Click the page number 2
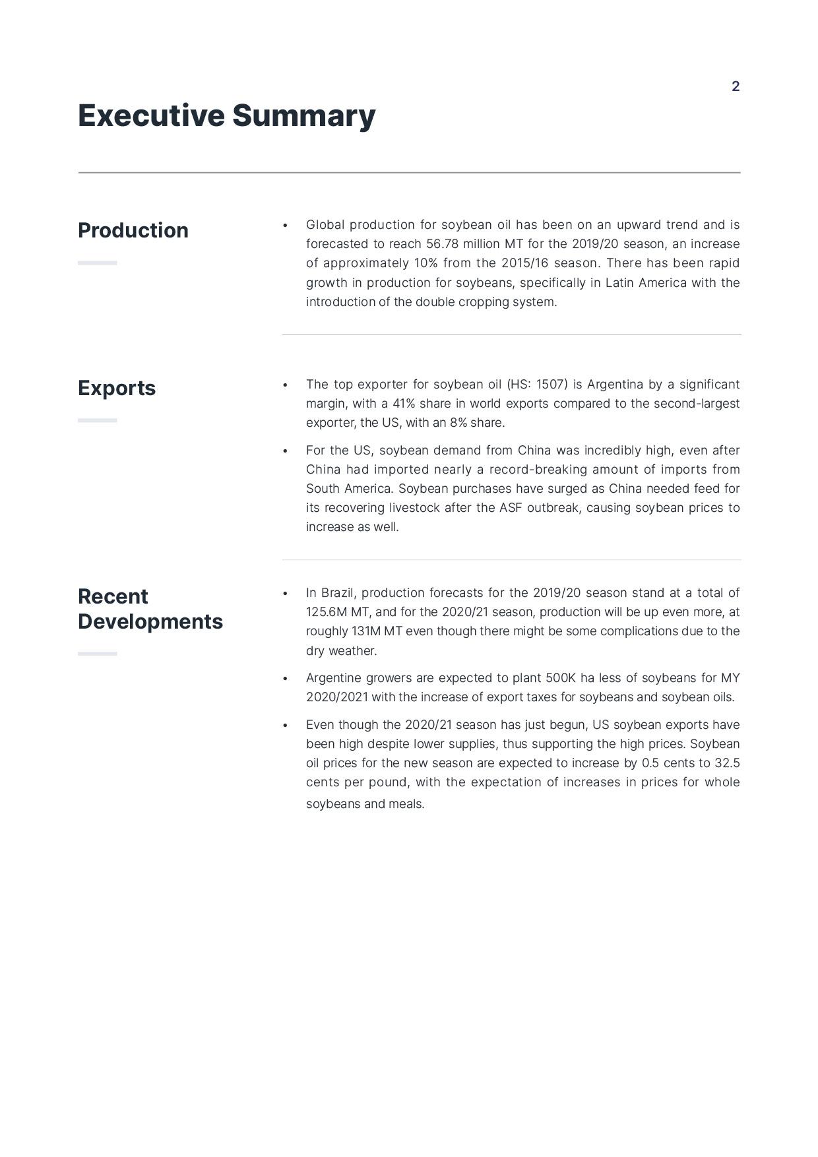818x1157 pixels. (x=736, y=86)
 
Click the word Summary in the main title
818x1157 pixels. (x=303, y=115)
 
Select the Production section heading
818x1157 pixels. (x=133, y=230)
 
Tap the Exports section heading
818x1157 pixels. (x=117, y=388)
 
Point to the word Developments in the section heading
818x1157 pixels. (x=150, y=621)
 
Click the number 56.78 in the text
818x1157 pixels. (x=442, y=244)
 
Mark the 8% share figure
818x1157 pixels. (x=458, y=423)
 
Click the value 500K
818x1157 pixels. (x=561, y=678)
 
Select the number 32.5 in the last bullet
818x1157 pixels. (x=727, y=763)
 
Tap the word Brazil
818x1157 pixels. (x=338, y=593)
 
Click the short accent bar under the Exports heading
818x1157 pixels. (x=97, y=420)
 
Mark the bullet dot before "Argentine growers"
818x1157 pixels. (x=285, y=679)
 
